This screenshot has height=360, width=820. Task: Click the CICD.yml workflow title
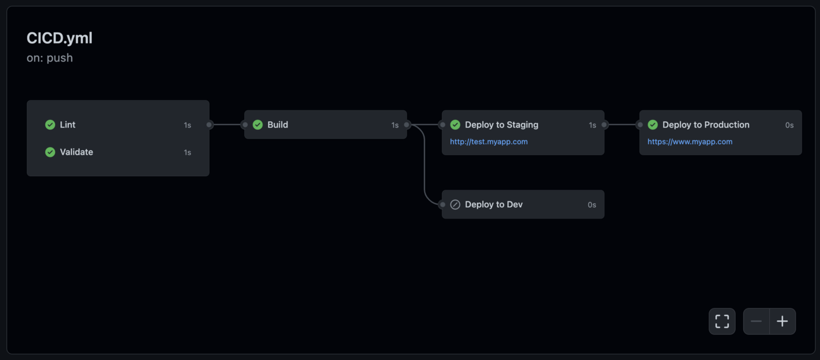pyautogui.click(x=59, y=38)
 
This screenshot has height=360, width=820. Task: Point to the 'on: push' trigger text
pyautogui.click(x=50, y=58)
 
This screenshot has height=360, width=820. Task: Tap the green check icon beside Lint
pyautogui.click(x=50, y=125)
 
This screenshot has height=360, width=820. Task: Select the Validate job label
pyautogui.click(x=76, y=152)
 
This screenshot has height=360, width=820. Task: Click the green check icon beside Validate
pyautogui.click(x=50, y=152)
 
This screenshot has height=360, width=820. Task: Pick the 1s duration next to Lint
pyautogui.click(x=187, y=125)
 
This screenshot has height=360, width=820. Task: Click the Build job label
pyautogui.click(x=278, y=125)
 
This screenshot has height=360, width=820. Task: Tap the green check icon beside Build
pyautogui.click(x=258, y=125)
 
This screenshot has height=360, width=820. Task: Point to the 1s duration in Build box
pyautogui.click(x=395, y=125)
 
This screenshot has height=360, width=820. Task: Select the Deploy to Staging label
pyautogui.click(x=501, y=125)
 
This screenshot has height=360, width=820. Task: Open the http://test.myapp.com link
pyautogui.click(x=488, y=142)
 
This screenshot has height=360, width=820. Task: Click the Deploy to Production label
pyautogui.click(x=706, y=125)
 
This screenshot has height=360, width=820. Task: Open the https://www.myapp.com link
pyautogui.click(x=690, y=142)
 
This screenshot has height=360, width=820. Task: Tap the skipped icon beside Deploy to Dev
pyautogui.click(x=455, y=204)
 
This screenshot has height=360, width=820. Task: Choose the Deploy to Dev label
pyautogui.click(x=494, y=204)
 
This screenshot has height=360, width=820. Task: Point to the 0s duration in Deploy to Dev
pyautogui.click(x=592, y=205)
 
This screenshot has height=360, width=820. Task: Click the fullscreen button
pyautogui.click(x=722, y=321)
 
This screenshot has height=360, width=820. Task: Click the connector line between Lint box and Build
pyautogui.click(x=227, y=125)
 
